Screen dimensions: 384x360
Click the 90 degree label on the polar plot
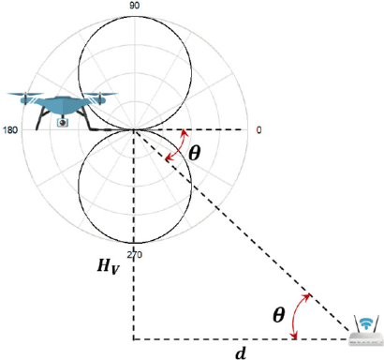click(x=134, y=5)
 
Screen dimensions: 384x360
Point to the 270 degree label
click(x=134, y=254)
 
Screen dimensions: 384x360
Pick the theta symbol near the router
click(x=278, y=316)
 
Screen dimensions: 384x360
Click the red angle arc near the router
click(x=300, y=313)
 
